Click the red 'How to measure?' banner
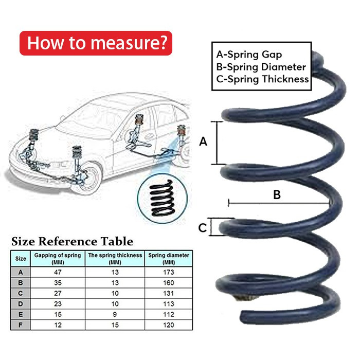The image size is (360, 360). click(96, 43)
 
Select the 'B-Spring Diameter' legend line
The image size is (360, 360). click(261, 67)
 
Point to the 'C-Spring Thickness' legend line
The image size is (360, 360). click(262, 79)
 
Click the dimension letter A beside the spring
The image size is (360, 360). click(203, 141)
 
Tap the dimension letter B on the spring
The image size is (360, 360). click(277, 195)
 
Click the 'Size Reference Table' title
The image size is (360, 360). click(72, 241)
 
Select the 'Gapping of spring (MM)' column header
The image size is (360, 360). click(58, 258)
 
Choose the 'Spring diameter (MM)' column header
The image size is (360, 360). click(169, 258)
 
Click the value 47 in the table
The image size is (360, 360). click(58, 272)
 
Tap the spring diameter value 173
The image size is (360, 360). click(169, 272)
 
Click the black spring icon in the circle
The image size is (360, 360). click(160, 196)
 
